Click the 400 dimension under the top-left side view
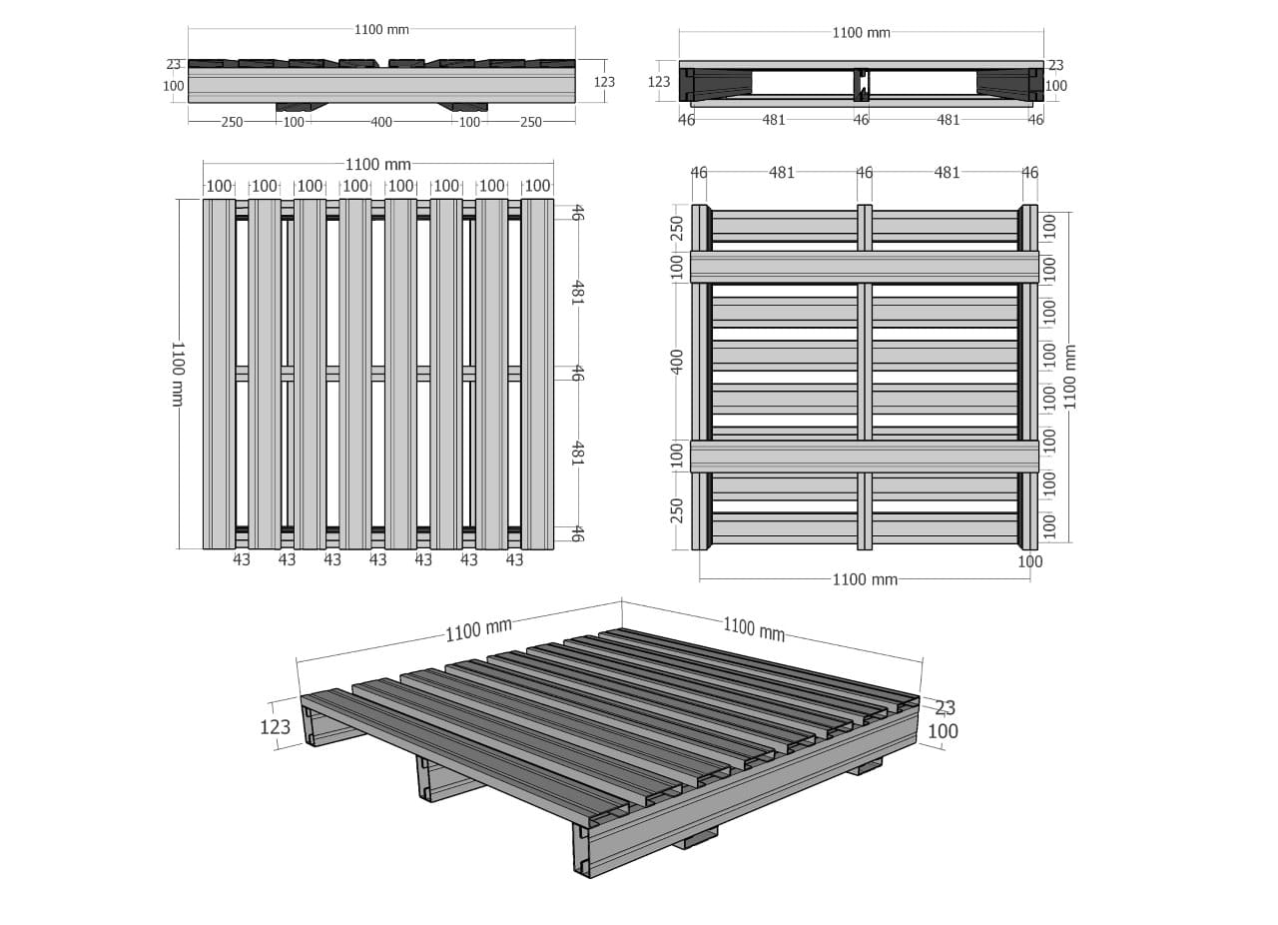[x=381, y=122]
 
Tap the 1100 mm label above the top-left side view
[x=381, y=30]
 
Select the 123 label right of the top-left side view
[x=604, y=82]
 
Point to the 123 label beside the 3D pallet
[x=275, y=727]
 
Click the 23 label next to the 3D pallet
[x=945, y=707]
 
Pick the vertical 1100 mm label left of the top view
[x=178, y=374]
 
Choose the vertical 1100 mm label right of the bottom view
[x=1069, y=377]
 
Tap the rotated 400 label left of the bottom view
[x=677, y=362]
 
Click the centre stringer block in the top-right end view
[x=862, y=85]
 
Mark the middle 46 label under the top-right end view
[x=861, y=120]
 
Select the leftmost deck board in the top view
[x=219, y=374]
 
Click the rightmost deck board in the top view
[x=537, y=374]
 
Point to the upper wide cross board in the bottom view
[x=865, y=268]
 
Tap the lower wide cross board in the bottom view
[x=865, y=457]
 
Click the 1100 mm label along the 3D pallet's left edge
[x=478, y=629]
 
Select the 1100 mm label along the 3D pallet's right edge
[x=754, y=628]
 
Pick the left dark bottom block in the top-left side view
[x=302, y=107]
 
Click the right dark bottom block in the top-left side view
[x=463, y=107]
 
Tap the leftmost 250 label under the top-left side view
[x=232, y=122]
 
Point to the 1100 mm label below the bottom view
[x=865, y=580]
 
